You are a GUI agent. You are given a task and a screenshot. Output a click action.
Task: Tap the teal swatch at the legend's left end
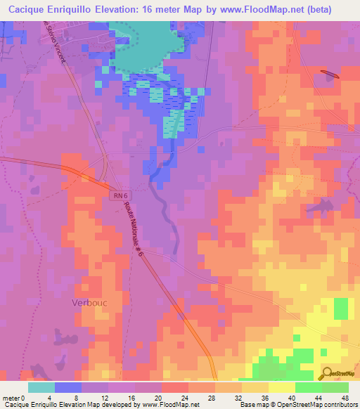pyautogui.click(x=41, y=387)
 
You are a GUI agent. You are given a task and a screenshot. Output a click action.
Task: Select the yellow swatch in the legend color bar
pyautogui.click(x=281, y=387)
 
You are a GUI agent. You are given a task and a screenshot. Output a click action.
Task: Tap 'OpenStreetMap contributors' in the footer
pyautogui.click(x=319, y=405)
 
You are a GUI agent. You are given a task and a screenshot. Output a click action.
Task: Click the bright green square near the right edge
pyautogui.click(x=340, y=308)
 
